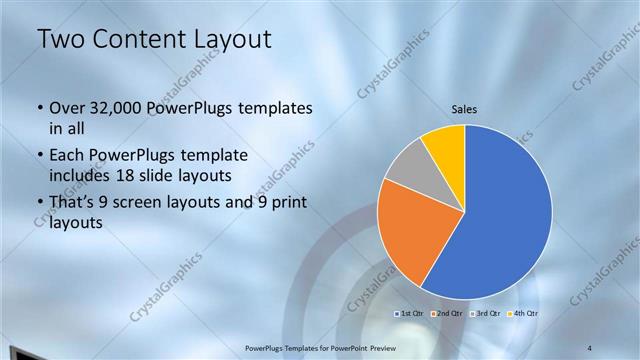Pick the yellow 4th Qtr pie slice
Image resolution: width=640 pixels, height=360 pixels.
[445, 145]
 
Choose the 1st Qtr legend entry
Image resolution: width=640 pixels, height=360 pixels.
[412, 314]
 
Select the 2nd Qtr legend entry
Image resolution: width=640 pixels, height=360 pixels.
[446, 314]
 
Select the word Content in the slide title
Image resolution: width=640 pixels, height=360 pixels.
[138, 40]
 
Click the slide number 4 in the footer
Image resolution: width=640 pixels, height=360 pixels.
[589, 347]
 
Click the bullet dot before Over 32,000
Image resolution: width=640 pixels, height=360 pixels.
[39, 108]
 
